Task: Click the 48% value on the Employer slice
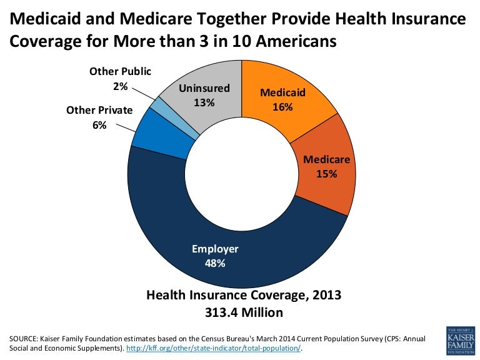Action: (x=215, y=263)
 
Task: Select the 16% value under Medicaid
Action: (x=282, y=107)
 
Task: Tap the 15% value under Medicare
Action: (x=326, y=174)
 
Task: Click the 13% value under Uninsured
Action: (x=204, y=102)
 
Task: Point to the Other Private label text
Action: (x=99, y=110)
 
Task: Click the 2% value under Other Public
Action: (x=120, y=86)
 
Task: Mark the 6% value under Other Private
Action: (x=99, y=125)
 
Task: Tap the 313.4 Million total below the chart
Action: (x=243, y=312)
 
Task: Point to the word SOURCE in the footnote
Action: (x=23, y=339)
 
